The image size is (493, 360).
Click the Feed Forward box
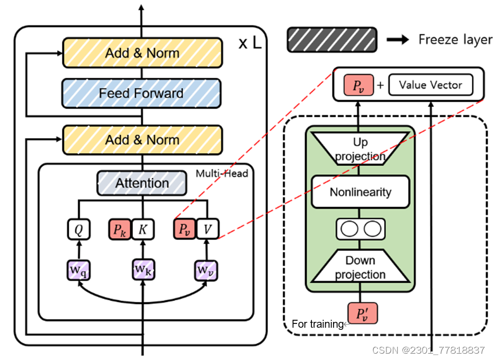point(141,93)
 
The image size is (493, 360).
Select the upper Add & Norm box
point(141,53)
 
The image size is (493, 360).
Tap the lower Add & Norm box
point(141,140)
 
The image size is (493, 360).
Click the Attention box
point(141,184)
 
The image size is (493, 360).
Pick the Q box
point(78,229)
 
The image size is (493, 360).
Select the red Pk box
point(119,229)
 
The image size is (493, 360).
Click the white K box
point(142,229)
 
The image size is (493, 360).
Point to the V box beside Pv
point(207,229)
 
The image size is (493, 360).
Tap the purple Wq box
point(78,269)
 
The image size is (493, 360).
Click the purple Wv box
point(207,269)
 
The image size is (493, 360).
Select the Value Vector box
point(431,85)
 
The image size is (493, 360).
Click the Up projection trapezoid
point(360,149)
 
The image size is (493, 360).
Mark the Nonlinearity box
point(360,192)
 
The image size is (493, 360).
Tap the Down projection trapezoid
point(360,267)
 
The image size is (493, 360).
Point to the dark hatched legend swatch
point(331,40)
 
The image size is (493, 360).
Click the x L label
point(249,43)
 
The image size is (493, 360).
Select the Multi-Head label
point(221,173)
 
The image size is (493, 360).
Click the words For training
point(317,324)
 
